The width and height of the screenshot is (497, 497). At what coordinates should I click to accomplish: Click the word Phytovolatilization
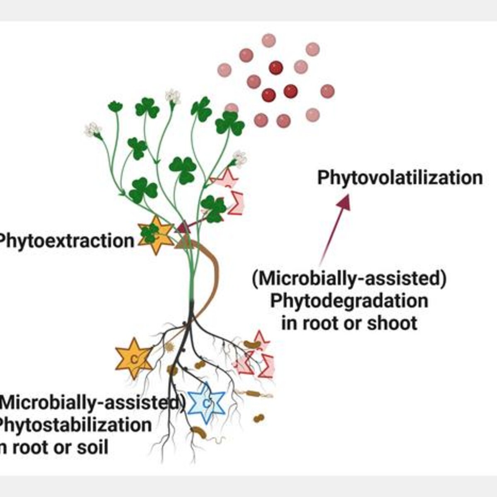400,179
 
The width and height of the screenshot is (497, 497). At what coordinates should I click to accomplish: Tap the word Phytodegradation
349,301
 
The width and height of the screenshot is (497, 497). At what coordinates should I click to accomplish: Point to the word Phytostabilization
75,425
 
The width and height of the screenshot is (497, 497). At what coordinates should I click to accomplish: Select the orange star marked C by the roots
134,359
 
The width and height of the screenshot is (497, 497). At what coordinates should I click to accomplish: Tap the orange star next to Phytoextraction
156,235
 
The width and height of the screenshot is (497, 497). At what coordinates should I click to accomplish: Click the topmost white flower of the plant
173,96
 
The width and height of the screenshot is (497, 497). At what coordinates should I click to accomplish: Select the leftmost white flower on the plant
93,130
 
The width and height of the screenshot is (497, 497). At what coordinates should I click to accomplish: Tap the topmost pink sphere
269,41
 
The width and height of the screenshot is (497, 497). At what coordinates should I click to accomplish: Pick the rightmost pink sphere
328,91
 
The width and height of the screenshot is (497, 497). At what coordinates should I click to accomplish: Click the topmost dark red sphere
276,68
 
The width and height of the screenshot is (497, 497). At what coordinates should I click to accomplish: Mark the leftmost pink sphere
224,70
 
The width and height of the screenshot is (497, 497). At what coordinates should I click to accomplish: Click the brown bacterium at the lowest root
199,432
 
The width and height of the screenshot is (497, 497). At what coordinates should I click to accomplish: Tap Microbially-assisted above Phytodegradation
349,279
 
